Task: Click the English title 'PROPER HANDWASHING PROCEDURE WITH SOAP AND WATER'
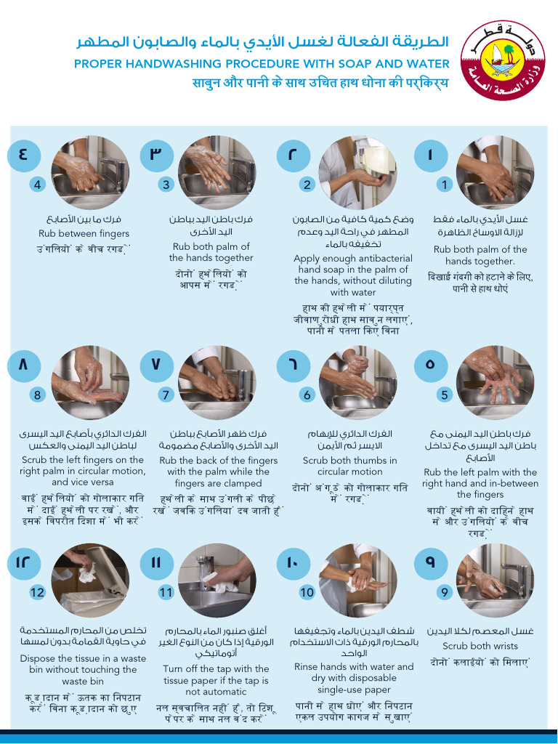(262, 64)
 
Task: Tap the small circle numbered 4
(38, 185)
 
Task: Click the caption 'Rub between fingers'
(84, 233)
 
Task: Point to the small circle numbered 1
(445, 185)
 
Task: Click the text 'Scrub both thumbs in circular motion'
(349, 466)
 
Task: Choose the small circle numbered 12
(38, 591)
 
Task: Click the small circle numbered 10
(307, 591)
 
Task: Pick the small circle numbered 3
(166, 185)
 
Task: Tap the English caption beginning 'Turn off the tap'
(216, 674)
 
